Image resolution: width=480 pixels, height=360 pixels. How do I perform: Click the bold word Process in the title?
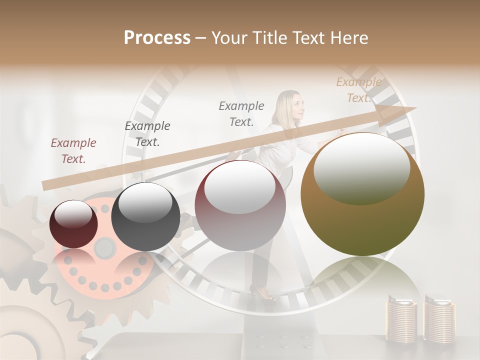click(x=157, y=38)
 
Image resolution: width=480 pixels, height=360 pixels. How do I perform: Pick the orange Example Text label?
click(x=358, y=90)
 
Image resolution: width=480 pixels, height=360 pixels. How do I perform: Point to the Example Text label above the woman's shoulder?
click(x=241, y=113)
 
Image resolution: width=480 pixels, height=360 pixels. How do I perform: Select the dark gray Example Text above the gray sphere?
click(x=147, y=133)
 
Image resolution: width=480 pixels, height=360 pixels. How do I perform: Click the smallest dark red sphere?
click(x=73, y=224)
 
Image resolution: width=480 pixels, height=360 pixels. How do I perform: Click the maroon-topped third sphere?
click(x=240, y=205)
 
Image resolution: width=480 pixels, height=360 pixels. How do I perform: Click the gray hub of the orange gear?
click(x=104, y=246)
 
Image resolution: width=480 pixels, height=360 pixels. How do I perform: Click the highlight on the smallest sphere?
click(x=73, y=214)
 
